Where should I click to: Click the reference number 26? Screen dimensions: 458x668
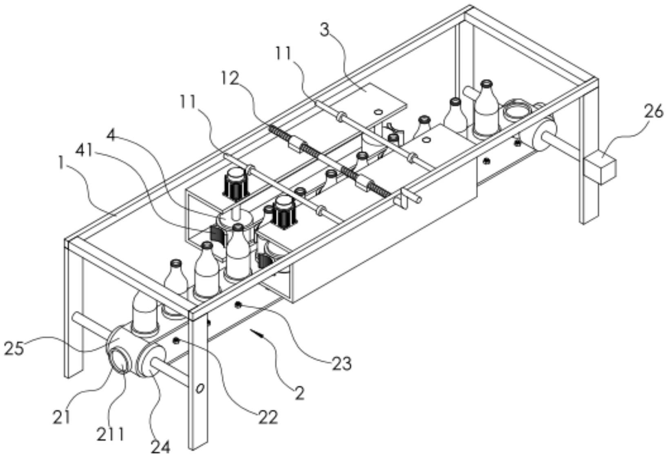pos(653,111)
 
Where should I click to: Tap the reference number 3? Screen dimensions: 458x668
pos(325,30)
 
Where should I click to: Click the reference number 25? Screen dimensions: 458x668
pos(14,349)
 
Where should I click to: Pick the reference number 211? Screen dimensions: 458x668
pos(110,434)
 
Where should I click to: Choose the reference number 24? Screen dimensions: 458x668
pos(160,447)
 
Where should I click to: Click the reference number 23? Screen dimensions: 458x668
pos(341,363)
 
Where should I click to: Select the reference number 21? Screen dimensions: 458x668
pos(61,417)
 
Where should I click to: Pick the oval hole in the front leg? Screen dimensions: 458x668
pos(200,388)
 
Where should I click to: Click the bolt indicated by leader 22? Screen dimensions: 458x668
pos(176,340)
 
